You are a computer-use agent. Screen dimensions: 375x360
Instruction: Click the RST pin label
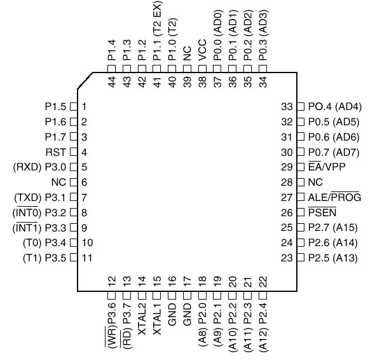[55, 152]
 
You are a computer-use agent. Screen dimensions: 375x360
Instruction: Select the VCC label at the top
[202, 50]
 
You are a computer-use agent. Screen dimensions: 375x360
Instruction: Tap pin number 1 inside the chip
[84, 106]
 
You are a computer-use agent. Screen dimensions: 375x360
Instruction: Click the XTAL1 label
[157, 319]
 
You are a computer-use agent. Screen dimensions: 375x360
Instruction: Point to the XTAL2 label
[142, 319]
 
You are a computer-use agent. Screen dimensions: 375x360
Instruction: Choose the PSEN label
[322, 212]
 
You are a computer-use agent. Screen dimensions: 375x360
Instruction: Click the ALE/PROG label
[334, 197]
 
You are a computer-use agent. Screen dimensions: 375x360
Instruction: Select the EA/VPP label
[327, 167]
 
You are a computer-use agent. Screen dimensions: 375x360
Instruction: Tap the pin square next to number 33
[301, 106]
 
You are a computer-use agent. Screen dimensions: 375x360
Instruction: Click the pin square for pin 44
[112, 69]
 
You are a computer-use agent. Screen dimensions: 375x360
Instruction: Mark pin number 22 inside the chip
[263, 282]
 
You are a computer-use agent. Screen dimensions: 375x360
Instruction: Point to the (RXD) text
[27, 167]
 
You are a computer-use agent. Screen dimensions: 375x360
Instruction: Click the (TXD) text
[28, 197]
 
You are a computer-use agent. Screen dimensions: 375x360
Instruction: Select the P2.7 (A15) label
[332, 228]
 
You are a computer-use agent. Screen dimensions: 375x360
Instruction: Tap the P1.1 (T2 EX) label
[157, 31]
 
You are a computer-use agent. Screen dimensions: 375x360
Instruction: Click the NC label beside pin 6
[58, 183]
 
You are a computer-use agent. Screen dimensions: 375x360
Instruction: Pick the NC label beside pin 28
[315, 183]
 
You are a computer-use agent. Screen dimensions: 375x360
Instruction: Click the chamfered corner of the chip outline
[85, 80]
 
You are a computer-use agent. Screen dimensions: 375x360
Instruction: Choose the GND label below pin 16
[172, 314]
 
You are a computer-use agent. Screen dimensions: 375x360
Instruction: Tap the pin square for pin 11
[74, 258]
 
